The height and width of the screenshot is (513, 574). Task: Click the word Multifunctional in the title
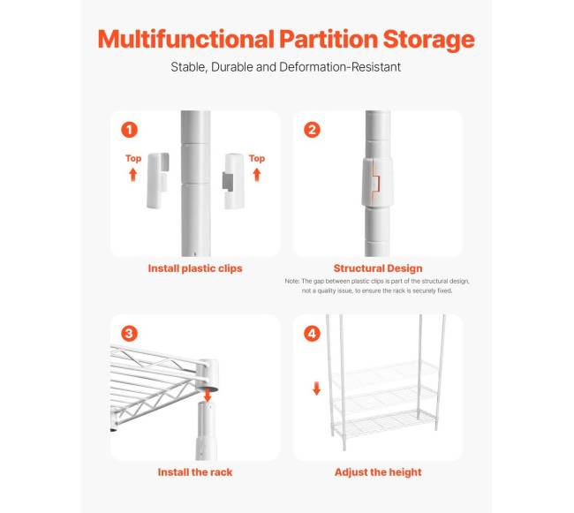pos(186,39)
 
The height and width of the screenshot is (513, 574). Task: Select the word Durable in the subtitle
pos(232,67)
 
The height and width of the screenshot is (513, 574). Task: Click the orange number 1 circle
pos(129,130)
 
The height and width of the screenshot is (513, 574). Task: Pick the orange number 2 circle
pos(312,130)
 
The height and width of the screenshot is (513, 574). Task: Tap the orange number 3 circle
pos(129,334)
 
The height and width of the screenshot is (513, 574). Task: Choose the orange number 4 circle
pos(312,334)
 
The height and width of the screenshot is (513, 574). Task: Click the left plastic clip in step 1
pos(158,181)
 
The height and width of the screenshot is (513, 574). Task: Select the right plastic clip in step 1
pos(233,182)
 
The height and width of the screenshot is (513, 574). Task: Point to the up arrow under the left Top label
pos(132,175)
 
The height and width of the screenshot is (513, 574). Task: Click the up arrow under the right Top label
pos(257,175)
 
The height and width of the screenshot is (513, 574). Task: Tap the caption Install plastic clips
pos(195,268)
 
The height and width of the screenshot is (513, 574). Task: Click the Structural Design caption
pos(378,268)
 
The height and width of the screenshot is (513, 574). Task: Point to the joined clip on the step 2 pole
pos(377,182)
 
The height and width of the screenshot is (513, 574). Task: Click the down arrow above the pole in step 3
pos(208,396)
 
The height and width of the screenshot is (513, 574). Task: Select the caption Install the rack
pos(195,472)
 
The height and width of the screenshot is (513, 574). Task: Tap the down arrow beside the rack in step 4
pos(317,389)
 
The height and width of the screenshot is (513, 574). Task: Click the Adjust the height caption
pos(378,472)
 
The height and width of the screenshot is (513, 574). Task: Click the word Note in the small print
pos(292,282)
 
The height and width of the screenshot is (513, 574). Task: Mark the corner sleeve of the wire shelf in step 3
pos(208,372)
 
